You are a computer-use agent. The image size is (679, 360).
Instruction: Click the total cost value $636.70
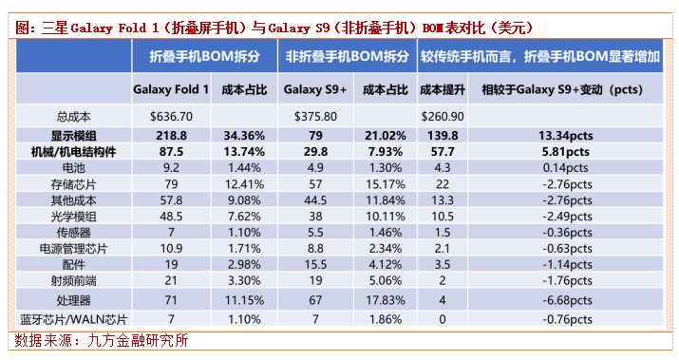[x=172, y=116]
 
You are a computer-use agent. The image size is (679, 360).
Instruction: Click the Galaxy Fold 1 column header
[x=171, y=89]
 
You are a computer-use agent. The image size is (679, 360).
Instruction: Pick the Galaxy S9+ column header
[x=315, y=89]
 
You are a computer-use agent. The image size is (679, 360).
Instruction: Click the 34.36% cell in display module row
[x=245, y=136]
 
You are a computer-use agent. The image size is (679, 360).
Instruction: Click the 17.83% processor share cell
[x=386, y=299]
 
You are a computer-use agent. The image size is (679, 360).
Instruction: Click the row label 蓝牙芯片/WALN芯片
[x=74, y=319]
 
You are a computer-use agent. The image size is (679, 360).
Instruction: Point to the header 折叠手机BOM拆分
[x=207, y=56]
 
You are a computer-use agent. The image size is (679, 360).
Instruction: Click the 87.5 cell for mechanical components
[x=172, y=151]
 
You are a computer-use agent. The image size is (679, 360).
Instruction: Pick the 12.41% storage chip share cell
[x=245, y=182]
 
